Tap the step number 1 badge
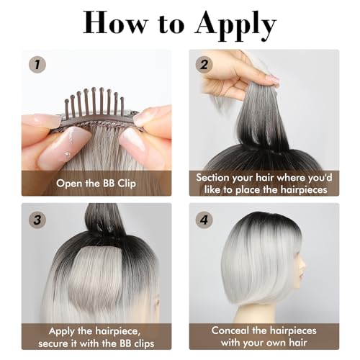click(x=35, y=64)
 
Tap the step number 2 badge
click(x=204, y=63)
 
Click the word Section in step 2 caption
click(x=218, y=176)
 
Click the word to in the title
click(x=174, y=24)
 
